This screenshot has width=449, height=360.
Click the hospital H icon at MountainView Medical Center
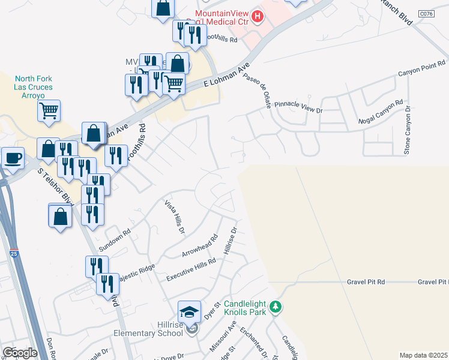tap(258, 16)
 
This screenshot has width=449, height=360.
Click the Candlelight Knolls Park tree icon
tap(276, 307)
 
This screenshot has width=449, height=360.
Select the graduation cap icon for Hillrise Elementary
tap(190, 311)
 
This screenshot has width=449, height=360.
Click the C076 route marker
tap(426, 13)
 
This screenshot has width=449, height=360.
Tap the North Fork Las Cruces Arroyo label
tap(34, 87)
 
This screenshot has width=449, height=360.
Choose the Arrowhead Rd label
tap(197, 246)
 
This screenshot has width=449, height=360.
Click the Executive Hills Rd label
tap(191, 268)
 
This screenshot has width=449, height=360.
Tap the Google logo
tap(20, 352)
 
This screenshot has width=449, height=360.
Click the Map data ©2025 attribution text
tap(423, 355)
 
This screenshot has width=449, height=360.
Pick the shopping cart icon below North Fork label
tap(49, 110)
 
